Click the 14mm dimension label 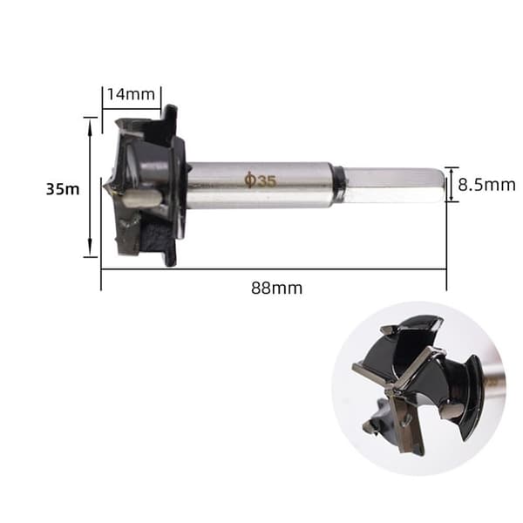tap(131, 94)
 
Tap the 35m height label tap(63, 189)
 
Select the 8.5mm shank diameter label tap(486, 185)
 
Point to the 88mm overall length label tap(277, 289)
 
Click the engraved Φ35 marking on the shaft tap(261, 180)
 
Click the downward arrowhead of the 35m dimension tap(90, 248)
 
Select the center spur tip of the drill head tap(105, 187)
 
